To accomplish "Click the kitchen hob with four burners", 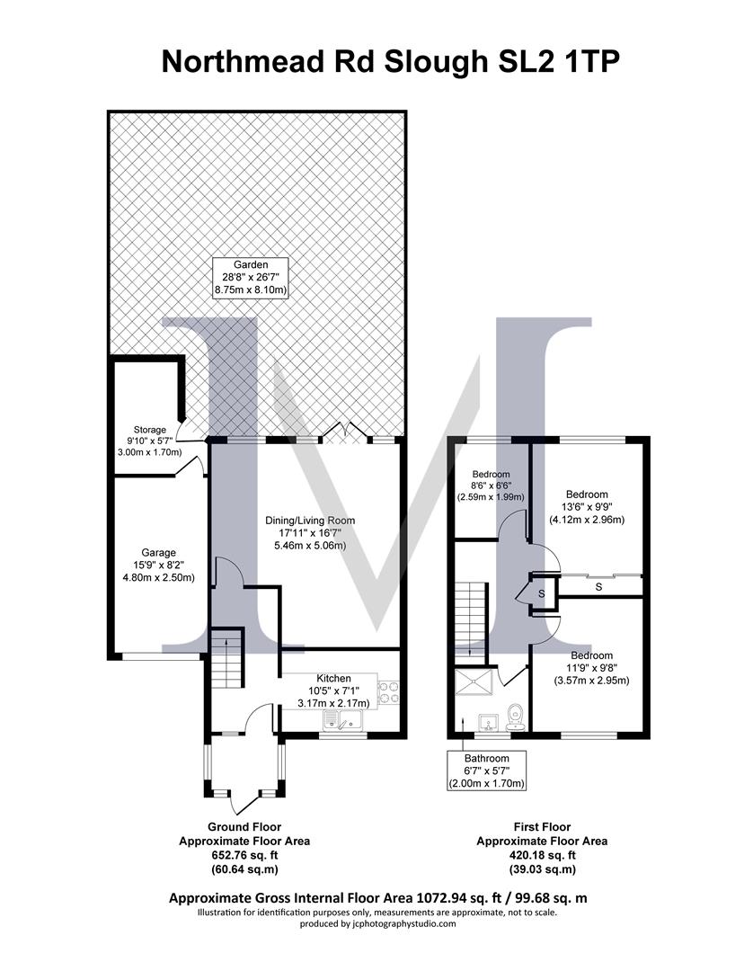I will click(388, 693).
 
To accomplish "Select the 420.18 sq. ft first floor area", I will click(541, 855).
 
